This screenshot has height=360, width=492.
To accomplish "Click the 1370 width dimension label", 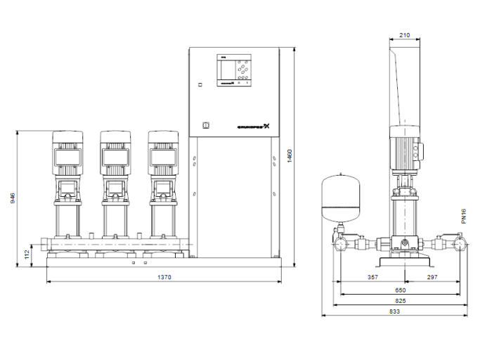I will pos(164,278).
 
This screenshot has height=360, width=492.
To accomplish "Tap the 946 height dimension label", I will pos(11,198).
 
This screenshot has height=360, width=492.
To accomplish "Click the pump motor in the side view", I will pos(403,151).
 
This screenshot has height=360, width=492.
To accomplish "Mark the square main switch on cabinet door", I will pos(206,127).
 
